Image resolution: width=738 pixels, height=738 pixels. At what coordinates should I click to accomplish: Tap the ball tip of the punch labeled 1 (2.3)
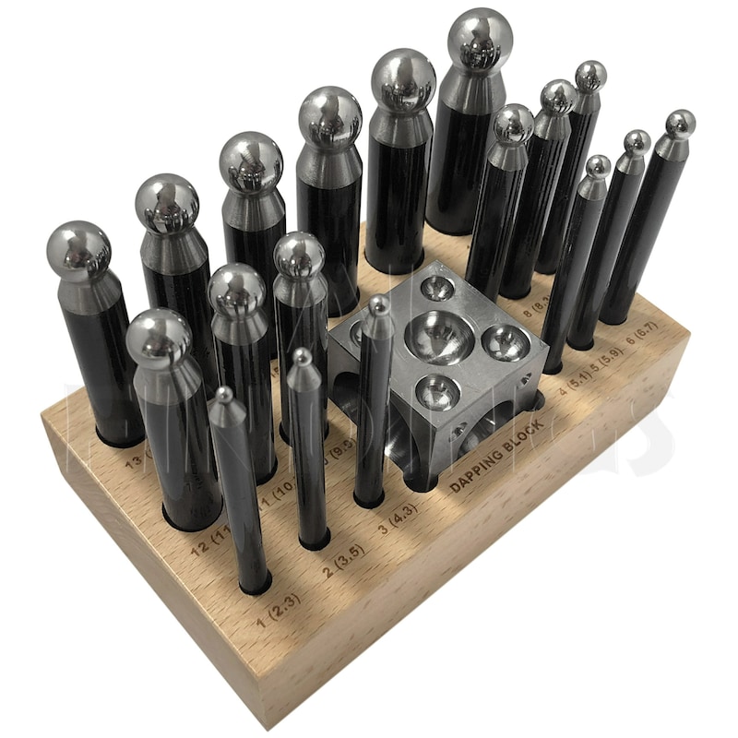224,398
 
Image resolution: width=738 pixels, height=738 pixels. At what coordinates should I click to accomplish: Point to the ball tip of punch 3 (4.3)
380,304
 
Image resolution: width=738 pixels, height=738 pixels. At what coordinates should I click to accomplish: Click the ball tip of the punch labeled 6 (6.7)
680,123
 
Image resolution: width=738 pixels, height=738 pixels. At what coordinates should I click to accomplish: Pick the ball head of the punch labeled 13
79,249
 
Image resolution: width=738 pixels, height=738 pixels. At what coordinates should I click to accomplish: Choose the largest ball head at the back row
480,37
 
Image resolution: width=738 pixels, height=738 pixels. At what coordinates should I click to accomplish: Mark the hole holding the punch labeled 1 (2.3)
254,586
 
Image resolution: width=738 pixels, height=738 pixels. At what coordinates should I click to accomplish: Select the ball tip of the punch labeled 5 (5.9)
637,142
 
